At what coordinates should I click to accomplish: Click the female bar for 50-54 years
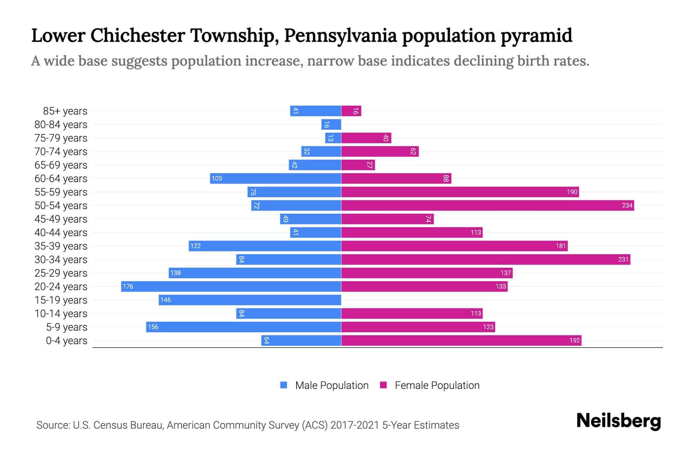(487, 205)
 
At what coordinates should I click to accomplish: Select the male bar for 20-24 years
(231, 286)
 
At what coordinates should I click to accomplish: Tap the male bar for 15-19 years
(250, 300)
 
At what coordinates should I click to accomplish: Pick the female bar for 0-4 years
(461, 340)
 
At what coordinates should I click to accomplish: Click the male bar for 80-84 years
(331, 124)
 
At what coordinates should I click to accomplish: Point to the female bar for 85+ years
(351, 111)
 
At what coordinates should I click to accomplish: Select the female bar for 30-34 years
(486, 259)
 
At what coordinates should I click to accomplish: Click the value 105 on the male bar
(217, 178)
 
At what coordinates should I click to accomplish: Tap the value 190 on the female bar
(572, 192)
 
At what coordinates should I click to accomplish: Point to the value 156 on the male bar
(153, 327)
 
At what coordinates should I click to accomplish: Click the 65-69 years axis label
(61, 165)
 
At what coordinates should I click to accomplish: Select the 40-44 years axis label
(61, 233)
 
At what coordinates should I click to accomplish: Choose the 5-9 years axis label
(67, 327)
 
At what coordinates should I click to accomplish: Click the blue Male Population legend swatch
(284, 385)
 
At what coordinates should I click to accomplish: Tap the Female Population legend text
(437, 385)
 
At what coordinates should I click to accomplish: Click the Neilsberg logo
(618, 421)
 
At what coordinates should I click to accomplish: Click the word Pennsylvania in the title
(340, 35)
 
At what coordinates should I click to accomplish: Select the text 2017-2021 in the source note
(355, 425)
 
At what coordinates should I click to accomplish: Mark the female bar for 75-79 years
(366, 138)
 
